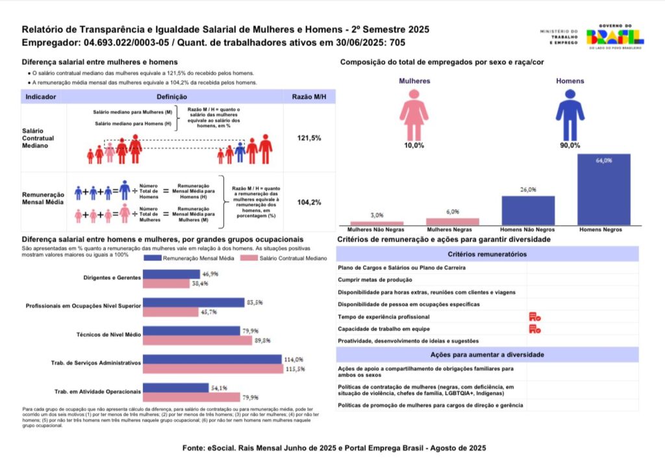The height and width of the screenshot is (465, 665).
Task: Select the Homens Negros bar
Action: [603, 189]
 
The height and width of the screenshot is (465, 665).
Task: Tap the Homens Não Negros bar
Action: [527, 210]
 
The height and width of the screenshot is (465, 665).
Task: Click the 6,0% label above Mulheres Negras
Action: [452, 212]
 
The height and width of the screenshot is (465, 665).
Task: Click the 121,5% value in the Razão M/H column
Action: [309, 138]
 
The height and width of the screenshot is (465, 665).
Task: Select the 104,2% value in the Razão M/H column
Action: [309, 203]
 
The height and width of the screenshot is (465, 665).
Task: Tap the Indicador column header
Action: [41, 97]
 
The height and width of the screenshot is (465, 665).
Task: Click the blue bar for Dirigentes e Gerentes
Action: [171, 275]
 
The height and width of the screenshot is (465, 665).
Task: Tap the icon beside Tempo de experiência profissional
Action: [535, 317]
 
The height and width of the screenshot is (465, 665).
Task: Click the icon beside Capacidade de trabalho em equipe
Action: [535, 329]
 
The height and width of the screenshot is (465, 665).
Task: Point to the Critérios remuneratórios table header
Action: [487, 255]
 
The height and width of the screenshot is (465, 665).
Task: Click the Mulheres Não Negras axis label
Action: [376, 230]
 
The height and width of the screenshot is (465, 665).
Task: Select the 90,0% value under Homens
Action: [570, 145]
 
